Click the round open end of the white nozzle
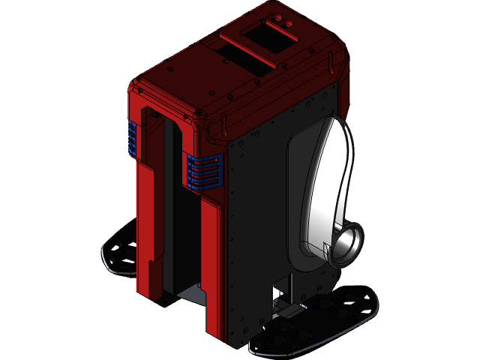pos(348,245)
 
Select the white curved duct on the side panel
pos(331,180)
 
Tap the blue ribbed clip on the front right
pos(205,170)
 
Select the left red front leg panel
pos(148,232)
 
